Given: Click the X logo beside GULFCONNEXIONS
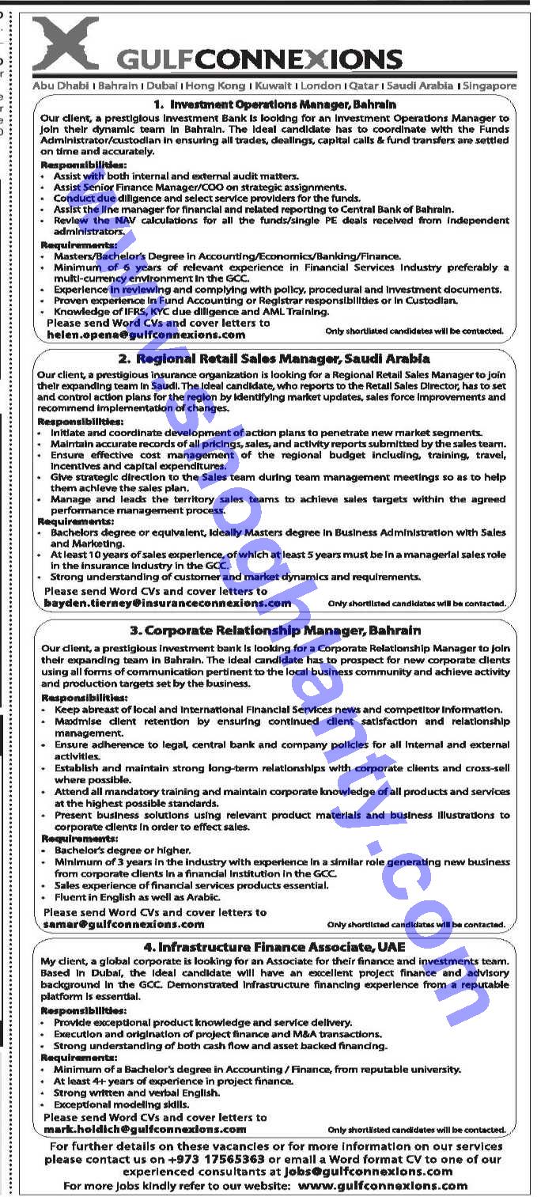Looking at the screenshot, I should coord(66,44).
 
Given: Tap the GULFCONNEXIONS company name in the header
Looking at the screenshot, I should coord(259,59).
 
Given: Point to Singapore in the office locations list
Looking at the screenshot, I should coord(490,85).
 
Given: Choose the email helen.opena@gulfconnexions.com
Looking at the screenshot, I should coord(146,335).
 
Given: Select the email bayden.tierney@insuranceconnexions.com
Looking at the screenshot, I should coord(168,603).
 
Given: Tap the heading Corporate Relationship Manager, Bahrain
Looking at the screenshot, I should coord(274,631).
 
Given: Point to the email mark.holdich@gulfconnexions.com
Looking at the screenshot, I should coord(145,1129).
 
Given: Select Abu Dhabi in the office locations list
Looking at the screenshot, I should coord(60,85).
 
